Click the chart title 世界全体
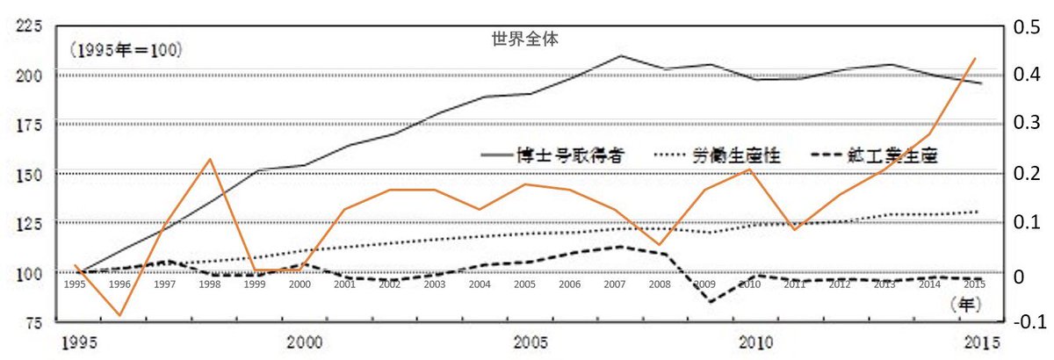click(x=526, y=40)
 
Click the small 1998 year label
click(x=209, y=284)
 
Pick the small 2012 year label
click(x=839, y=284)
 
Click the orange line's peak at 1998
click(x=209, y=159)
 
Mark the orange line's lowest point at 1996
click(x=119, y=315)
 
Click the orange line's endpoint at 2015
click(x=977, y=59)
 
